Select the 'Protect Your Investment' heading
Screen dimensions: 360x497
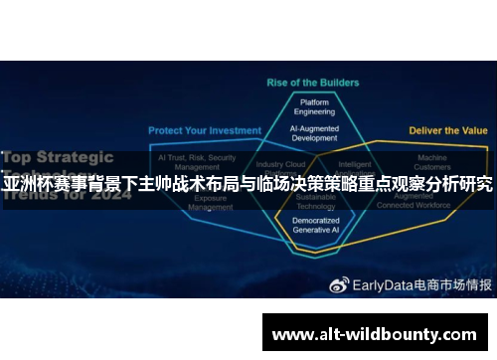click(205, 130)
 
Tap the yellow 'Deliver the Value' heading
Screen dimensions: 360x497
click(448, 130)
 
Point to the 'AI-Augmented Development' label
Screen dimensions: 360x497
click(314, 133)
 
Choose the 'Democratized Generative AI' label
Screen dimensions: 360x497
click(316, 225)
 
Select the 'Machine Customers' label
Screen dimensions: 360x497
click(431, 162)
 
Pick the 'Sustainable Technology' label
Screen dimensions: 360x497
click(315, 203)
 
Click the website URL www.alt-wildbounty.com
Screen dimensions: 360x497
click(374, 334)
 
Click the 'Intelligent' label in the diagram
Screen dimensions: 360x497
click(355, 165)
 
